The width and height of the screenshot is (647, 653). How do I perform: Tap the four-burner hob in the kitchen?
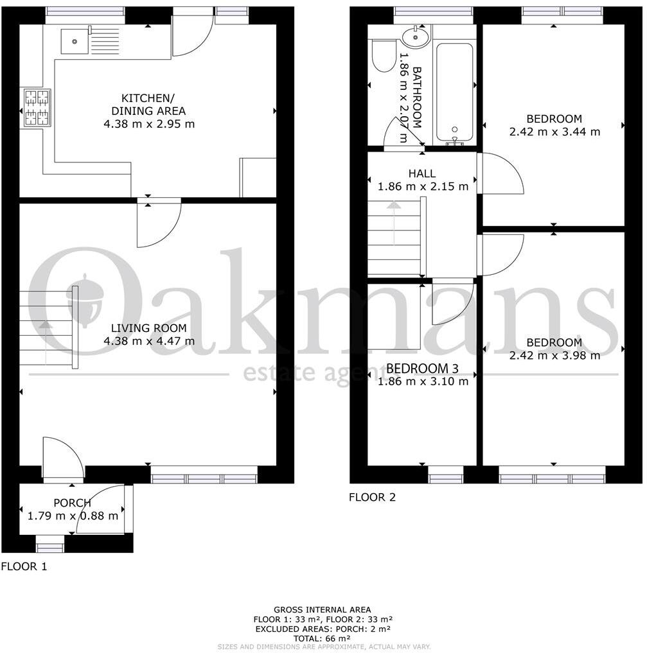(x=36, y=107)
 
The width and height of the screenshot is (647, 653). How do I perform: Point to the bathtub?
(x=455, y=93)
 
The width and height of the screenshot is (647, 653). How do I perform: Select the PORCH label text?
(x=73, y=503)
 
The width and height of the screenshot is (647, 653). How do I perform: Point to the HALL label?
(x=421, y=173)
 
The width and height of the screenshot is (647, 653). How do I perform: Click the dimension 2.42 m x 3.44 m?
(x=554, y=132)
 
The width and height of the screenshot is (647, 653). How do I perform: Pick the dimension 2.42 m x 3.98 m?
(x=554, y=355)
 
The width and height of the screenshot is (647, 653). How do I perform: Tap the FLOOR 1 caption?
(x=24, y=567)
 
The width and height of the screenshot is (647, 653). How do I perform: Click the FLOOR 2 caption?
(x=373, y=496)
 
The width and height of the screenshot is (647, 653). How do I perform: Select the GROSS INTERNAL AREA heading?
(x=322, y=609)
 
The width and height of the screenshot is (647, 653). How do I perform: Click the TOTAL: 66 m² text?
(x=322, y=638)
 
